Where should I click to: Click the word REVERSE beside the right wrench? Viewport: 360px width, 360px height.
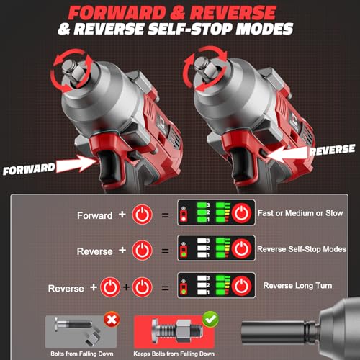point(332,149)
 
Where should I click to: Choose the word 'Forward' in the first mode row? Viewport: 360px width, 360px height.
point(95,215)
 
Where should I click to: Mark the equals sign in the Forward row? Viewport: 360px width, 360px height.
point(165,215)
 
